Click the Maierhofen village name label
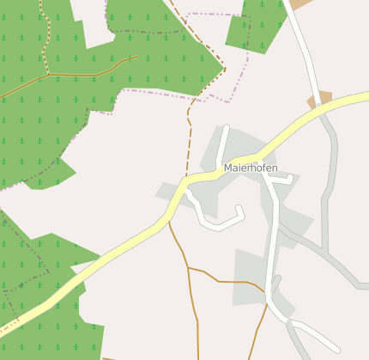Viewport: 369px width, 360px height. (250, 168)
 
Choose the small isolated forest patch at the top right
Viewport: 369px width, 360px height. (256, 26)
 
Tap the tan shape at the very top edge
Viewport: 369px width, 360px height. (301, 4)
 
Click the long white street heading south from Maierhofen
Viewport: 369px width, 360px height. (273, 241)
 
